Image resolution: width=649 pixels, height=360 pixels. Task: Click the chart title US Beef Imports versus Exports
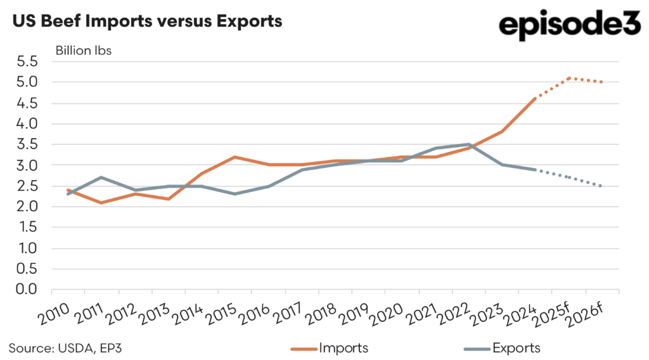tap(146, 22)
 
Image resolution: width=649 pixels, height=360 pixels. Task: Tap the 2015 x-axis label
tap(221, 311)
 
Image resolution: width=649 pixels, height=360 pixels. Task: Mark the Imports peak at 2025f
tap(569, 78)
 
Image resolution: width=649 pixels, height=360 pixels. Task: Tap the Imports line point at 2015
tap(235, 157)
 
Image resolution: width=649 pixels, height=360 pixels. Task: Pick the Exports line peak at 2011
tap(101, 177)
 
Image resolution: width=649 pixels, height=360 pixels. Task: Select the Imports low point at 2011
tap(101, 202)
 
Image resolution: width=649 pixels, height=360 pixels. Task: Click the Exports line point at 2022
tap(468, 145)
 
